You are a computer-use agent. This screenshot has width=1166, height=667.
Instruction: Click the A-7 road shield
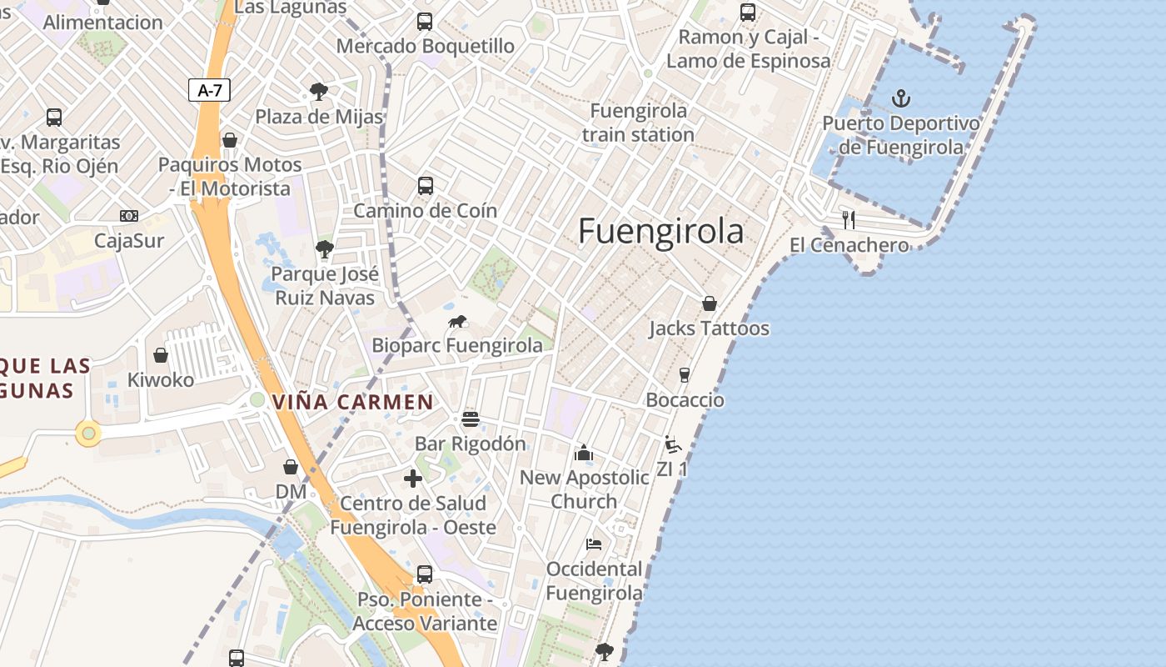coord(209,90)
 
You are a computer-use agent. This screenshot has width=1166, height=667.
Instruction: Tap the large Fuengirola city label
coord(660,231)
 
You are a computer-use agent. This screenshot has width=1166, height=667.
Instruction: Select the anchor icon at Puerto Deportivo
coord(901,99)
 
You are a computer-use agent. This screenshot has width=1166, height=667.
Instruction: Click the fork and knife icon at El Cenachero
coord(849,220)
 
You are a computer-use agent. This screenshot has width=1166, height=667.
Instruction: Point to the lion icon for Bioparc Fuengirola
coord(457,321)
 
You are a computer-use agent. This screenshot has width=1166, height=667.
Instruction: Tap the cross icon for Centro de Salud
coord(413,479)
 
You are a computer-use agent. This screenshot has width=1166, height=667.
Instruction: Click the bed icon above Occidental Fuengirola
coord(593,544)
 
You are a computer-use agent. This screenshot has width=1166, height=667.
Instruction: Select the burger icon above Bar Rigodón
coord(471,419)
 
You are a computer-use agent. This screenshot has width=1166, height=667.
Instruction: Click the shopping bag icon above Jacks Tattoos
coord(710,303)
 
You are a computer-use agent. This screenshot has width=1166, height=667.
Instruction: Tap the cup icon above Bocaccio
coord(685,374)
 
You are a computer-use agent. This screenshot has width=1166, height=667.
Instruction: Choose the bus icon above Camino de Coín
coord(425,185)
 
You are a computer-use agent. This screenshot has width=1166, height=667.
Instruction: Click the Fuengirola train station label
coord(638,123)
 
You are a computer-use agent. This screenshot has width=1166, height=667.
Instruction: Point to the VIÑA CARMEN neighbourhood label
coord(353,402)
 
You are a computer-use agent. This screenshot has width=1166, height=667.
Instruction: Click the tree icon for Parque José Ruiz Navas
coord(325,248)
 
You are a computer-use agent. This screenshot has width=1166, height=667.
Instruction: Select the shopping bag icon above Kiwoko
coord(161,355)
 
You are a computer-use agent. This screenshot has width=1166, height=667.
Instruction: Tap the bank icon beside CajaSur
coord(129,216)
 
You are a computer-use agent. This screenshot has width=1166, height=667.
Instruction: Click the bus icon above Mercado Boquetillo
coord(425,21)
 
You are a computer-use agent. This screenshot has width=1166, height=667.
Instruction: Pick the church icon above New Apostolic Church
coord(584,453)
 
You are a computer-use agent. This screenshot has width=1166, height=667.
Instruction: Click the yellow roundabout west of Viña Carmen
coord(88,434)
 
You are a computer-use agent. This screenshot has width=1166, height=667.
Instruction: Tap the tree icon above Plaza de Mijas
coord(318,91)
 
